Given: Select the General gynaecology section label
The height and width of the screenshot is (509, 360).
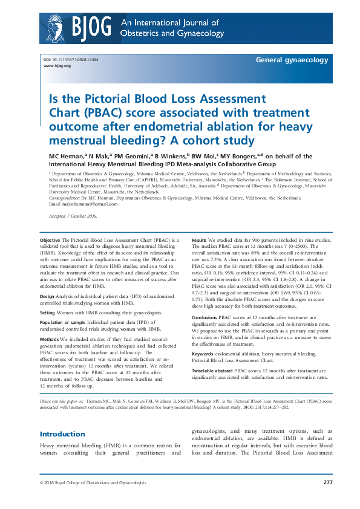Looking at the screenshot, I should click(292, 60).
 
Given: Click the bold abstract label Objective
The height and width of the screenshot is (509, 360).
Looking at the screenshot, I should click(51, 240).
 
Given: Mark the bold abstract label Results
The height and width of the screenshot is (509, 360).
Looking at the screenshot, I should click(200, 240).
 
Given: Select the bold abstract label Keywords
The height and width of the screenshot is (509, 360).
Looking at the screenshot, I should click(203, 336).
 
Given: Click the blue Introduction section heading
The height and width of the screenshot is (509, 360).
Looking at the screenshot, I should click(62, 417).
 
